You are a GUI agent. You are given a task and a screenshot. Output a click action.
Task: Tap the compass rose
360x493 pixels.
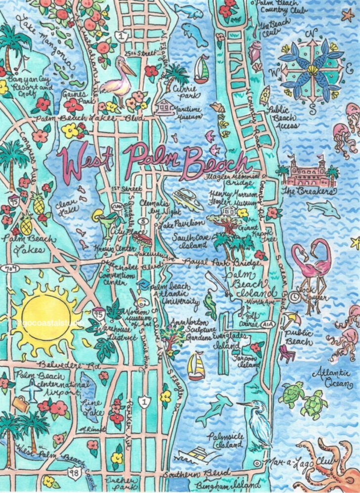click(311, 66)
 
